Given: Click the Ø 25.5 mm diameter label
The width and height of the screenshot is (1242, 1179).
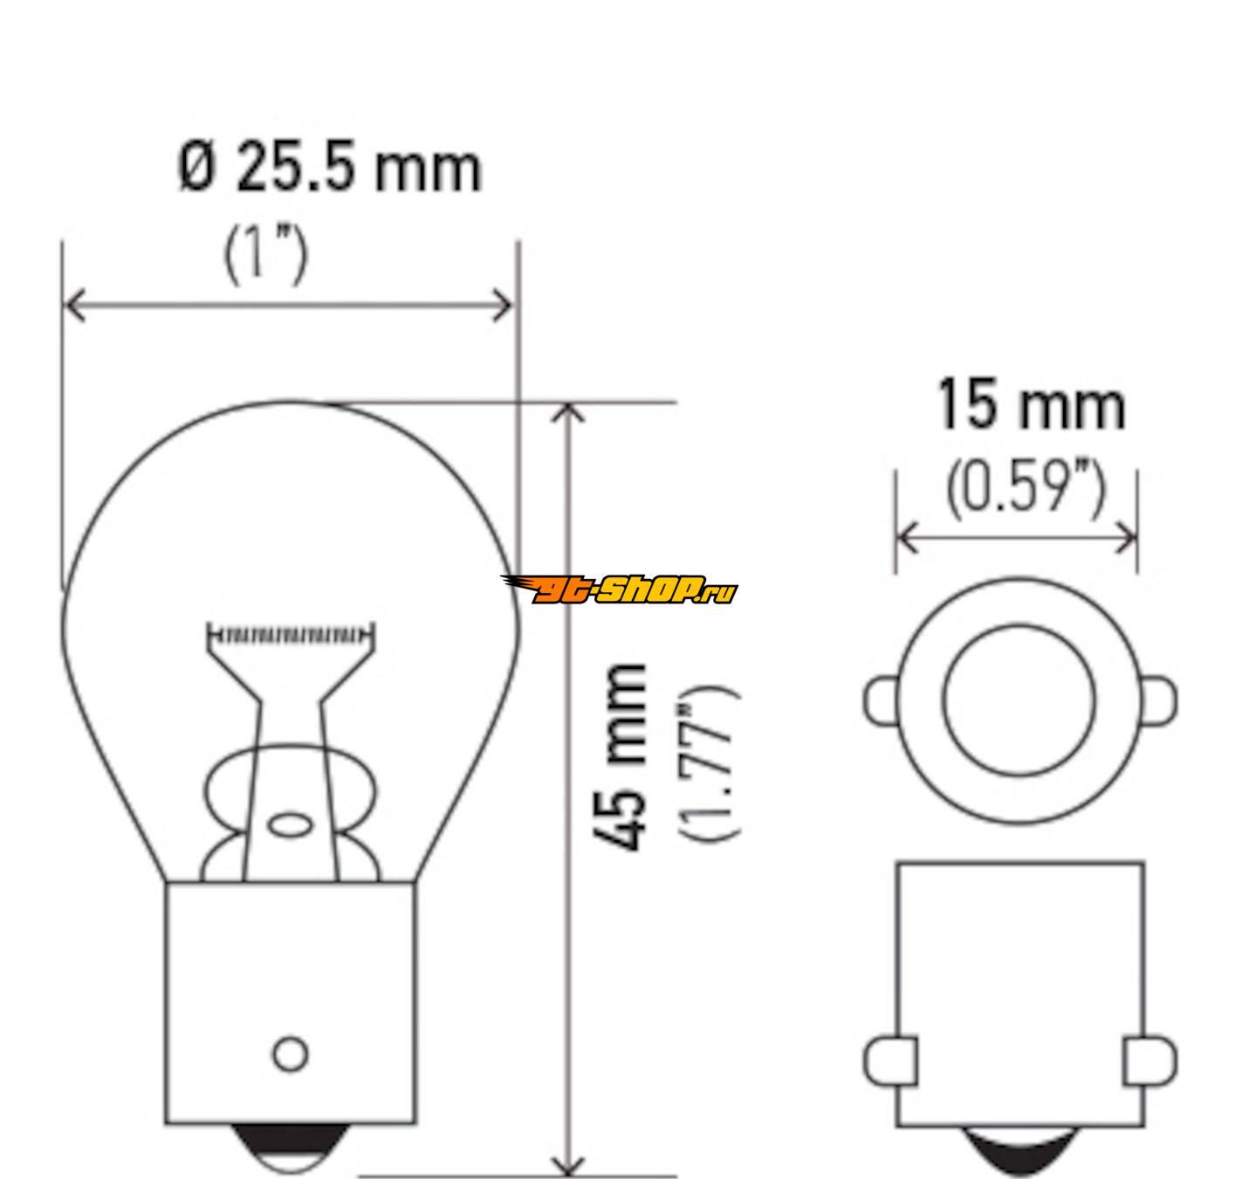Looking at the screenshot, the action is click(x=331, y=169).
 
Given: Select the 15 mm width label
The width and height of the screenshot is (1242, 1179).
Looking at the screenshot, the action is click(x=1032, y=405).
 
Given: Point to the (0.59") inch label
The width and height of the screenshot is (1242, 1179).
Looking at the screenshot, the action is click(x=1026, y=489).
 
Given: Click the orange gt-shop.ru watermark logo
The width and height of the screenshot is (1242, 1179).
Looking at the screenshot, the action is click(x=619, y=589).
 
